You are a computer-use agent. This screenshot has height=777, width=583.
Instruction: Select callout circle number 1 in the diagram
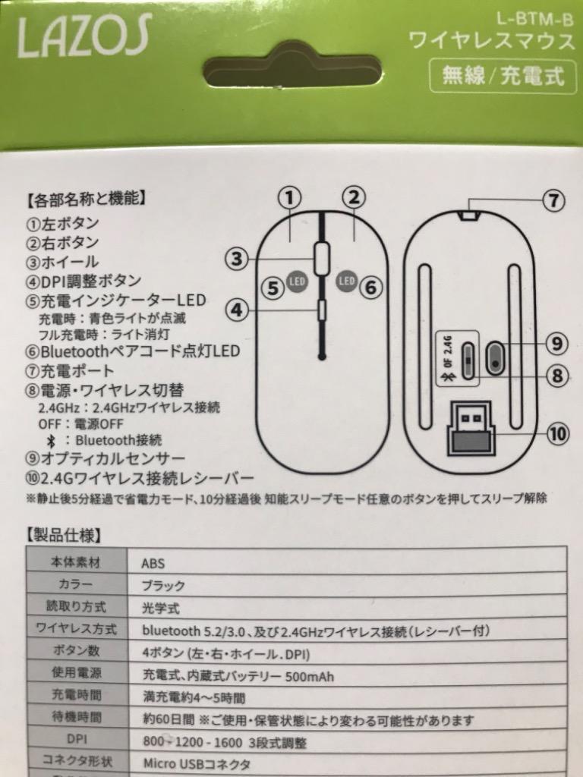[288, 198]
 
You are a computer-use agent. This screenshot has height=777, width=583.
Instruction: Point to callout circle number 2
[353, 198]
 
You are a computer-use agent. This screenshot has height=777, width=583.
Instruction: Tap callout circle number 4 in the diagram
[238, 310]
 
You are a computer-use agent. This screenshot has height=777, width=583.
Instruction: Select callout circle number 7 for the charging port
[555, 201]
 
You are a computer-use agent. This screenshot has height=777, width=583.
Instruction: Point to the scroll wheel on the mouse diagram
[322, 259]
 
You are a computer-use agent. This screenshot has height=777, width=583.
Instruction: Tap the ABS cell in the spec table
[153, 564]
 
